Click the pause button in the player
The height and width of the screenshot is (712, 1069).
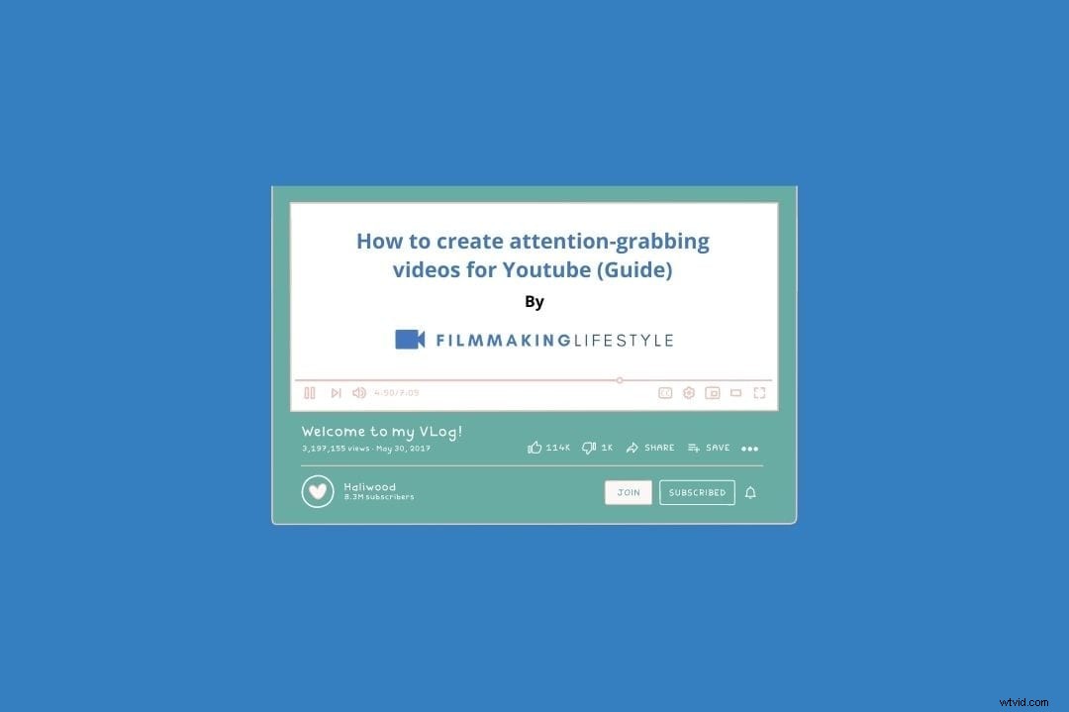click(310, 393)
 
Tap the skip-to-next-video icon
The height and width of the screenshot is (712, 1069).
click(336, 393)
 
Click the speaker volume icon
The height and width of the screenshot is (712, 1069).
click(358, 393)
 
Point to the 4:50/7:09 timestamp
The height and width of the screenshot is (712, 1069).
click(396, 393)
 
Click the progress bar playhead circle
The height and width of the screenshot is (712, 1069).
click(620, 380)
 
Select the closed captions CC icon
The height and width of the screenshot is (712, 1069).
click(665, 393)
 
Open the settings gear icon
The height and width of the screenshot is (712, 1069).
click(689, 393)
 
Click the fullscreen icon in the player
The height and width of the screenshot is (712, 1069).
click(759, 393)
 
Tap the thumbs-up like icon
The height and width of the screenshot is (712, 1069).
click(535, 448)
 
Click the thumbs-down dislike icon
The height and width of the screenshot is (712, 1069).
click(589, 448)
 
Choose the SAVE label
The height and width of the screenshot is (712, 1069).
click(718, 448)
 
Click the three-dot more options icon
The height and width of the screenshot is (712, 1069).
click(750, 449)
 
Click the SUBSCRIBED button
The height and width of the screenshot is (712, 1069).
click(697, 492)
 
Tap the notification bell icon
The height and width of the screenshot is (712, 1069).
click(750, 492)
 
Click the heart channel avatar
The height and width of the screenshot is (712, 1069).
click(318, 491)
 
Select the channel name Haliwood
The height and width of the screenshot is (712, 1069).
click(369, 487)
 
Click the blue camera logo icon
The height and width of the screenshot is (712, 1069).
click(410, 340)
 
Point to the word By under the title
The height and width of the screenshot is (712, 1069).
click(534, 302)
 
